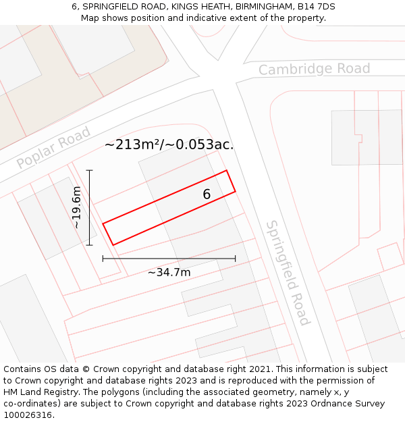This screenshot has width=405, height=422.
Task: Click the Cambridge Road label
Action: coord(314,69)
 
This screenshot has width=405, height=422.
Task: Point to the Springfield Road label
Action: coord(288,272)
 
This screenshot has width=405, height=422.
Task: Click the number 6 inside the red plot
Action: coord(207,194)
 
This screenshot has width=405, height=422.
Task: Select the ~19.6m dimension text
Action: coord(77,207)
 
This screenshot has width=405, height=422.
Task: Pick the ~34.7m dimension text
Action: coord(169,272)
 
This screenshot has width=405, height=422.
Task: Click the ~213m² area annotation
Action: coord(169,144)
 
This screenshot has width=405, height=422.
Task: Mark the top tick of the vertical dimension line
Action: coord(90,169)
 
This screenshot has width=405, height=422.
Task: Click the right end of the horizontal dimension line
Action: coord(236,258)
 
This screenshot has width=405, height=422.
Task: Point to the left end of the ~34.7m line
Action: coord(103,258)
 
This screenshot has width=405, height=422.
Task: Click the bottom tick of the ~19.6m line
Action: coord(90,246)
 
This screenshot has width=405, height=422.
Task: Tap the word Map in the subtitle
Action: coord(90,18)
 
